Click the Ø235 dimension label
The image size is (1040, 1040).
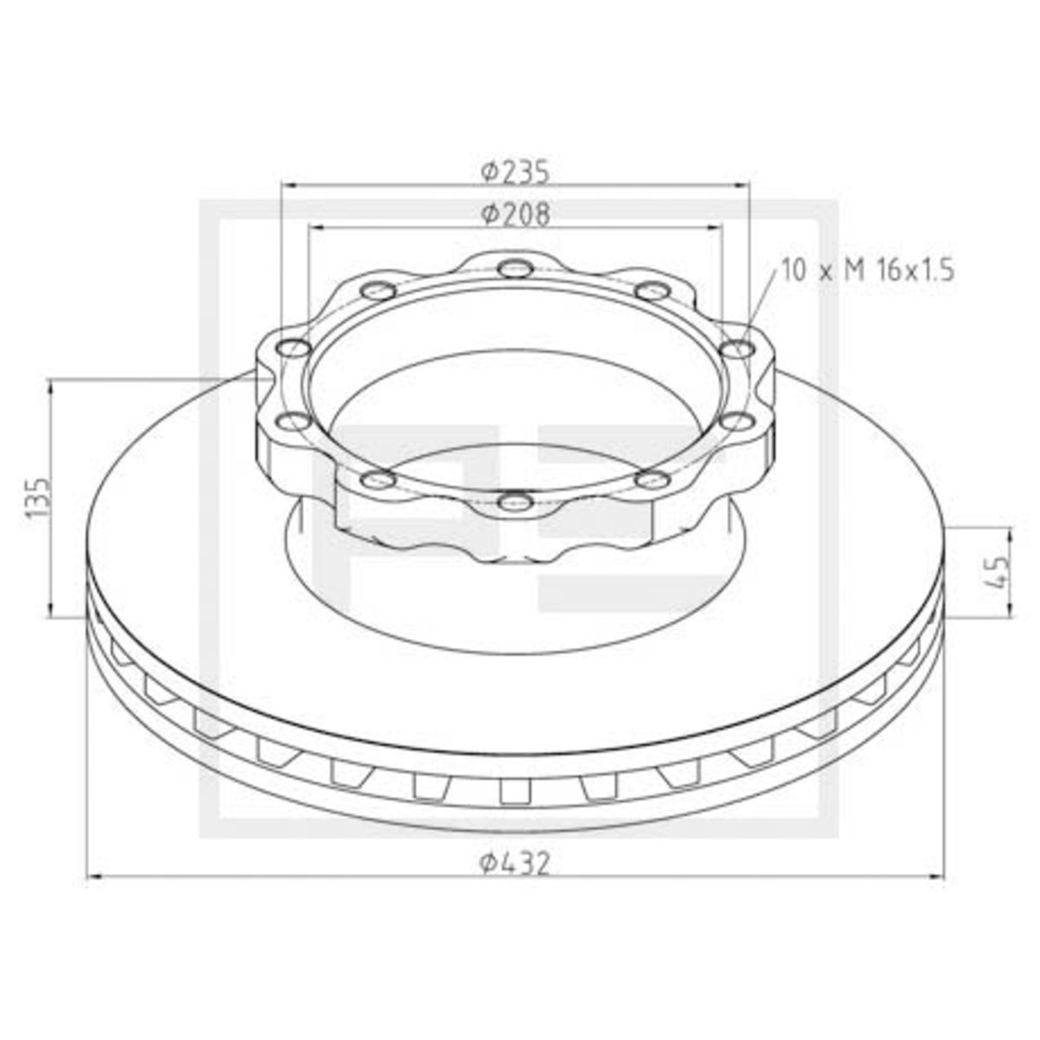coord(516,172)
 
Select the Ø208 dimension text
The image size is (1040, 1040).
coord(516,214)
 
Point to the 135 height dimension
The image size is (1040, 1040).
coord(39,497)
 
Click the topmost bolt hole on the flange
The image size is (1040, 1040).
coord(515,267)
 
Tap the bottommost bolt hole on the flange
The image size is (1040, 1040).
coord(515,502)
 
